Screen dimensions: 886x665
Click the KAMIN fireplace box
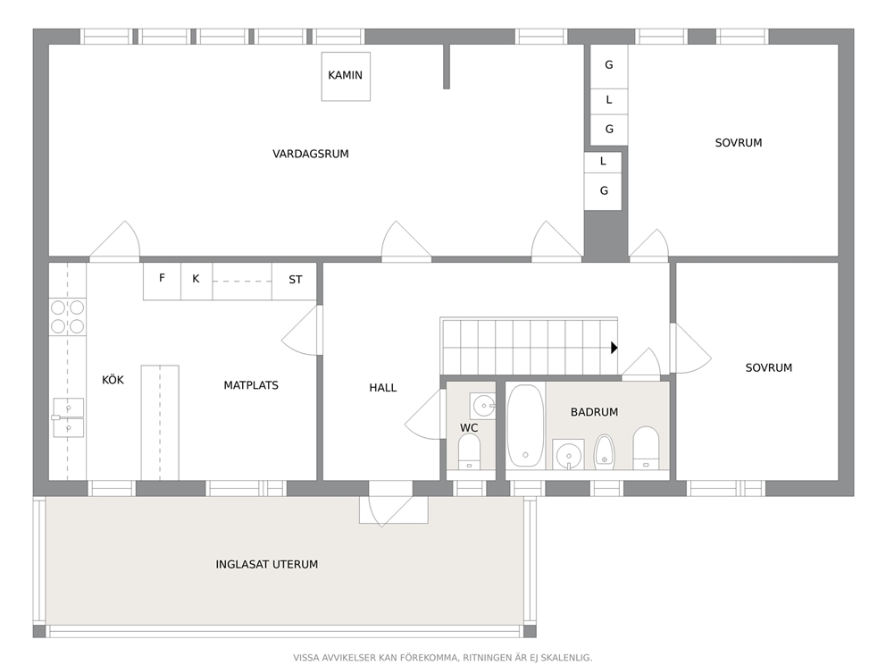(x=346, y=76)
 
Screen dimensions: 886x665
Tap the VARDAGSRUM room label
(x=310, y=154)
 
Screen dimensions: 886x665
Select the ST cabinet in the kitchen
(x=295, y=281)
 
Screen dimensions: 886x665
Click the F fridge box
(x=162, y=281)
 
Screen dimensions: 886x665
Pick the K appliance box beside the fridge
(x=196, y=281)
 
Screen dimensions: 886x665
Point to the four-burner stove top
(x=67, y=316)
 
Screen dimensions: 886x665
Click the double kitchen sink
(x=69, y=418)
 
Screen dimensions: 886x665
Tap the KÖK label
(x=113, y=380)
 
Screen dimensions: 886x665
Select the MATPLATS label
(x=251, y=385)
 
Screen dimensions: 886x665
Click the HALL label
(x=382, y=388)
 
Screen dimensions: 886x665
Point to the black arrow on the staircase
(x=614, y=348)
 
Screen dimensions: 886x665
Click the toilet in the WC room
(x=469, y=451)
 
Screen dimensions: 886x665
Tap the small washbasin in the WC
(x=482, y=406)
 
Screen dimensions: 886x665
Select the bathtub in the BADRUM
(x=525, y=425)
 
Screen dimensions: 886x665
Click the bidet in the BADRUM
(x=604, y=452)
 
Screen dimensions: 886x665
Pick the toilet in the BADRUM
(x=646, y=449)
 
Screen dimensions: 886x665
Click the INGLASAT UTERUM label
(x=267, y=564)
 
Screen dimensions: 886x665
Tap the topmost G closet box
(x=609, y=66)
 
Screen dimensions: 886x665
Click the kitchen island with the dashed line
(x=160, y=423)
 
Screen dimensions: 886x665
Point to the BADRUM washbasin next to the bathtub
(x=568, y=454)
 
